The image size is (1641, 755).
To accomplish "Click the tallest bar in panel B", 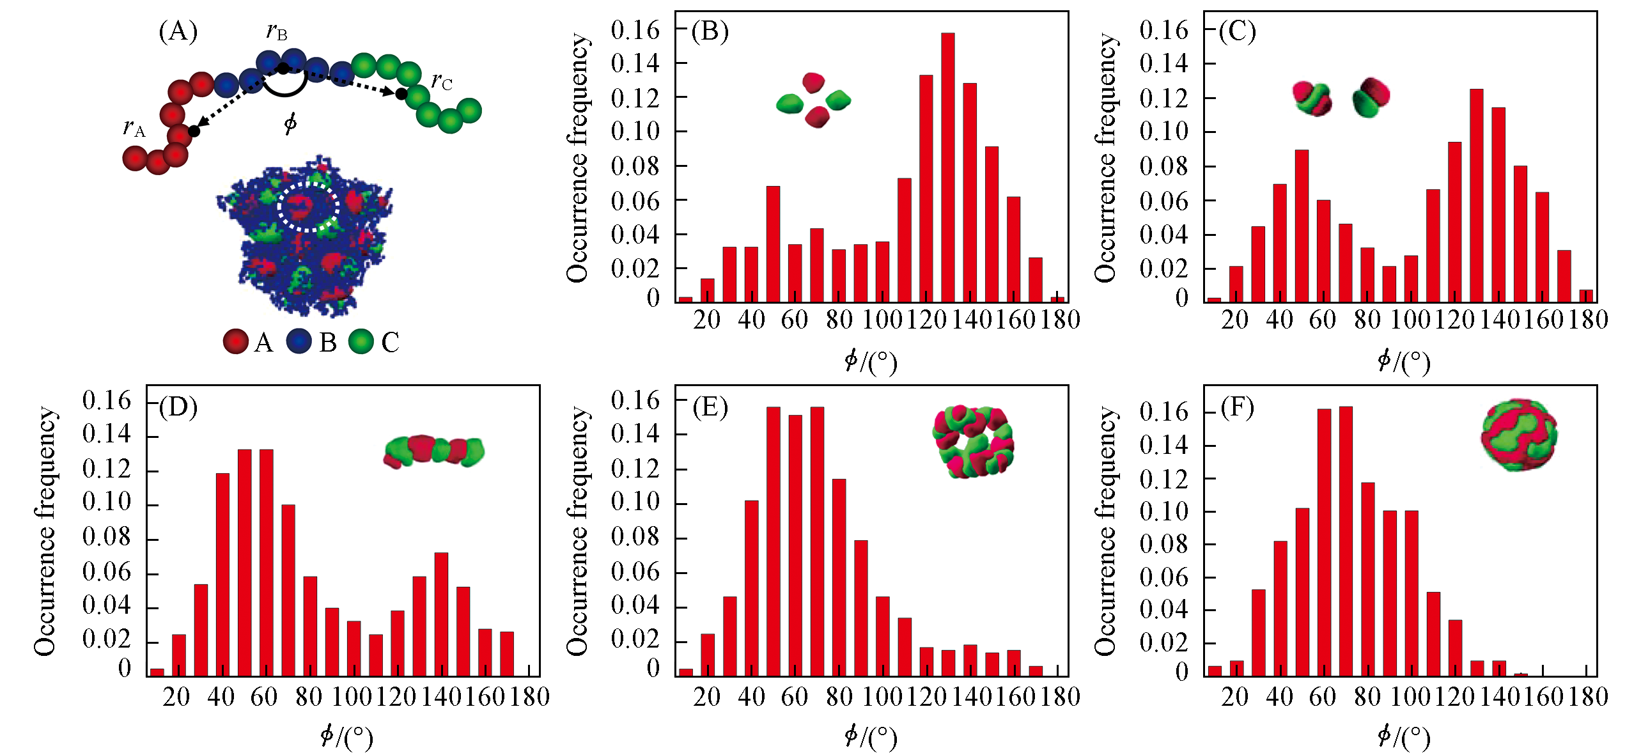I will tap(947, 166).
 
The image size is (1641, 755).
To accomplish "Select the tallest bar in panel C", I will tap(1476, 195).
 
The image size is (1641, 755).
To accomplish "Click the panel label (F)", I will tap(1237, 407).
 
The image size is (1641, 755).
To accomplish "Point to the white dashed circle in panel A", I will tap(307, 206).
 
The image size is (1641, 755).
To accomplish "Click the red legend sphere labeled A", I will tap(236, 341).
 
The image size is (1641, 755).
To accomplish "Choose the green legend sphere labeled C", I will tap(361, 341).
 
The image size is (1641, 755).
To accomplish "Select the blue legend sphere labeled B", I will tap(299, 341).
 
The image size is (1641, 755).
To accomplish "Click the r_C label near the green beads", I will tap(442, 81).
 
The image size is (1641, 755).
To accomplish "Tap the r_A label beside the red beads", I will tap(134, 128).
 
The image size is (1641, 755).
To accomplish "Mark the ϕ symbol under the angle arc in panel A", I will tap(290, 123).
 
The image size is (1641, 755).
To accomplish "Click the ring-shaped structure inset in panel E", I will tap(973, 441).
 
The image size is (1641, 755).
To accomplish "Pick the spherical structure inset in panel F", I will tap(1519, 435).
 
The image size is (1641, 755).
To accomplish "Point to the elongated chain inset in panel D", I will tap(434, 451).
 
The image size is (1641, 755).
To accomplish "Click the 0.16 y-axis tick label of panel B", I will tap(635, 29).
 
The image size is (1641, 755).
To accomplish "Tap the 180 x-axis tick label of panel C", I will tap(1588, 320).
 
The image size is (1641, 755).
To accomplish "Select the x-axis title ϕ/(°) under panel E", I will tap(871, 737).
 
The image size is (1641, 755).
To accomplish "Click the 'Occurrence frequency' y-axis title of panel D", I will tap(45, 531).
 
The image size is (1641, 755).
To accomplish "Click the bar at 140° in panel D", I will tap(441, 614).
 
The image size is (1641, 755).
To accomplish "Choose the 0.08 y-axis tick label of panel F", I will tap(1163, 545).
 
